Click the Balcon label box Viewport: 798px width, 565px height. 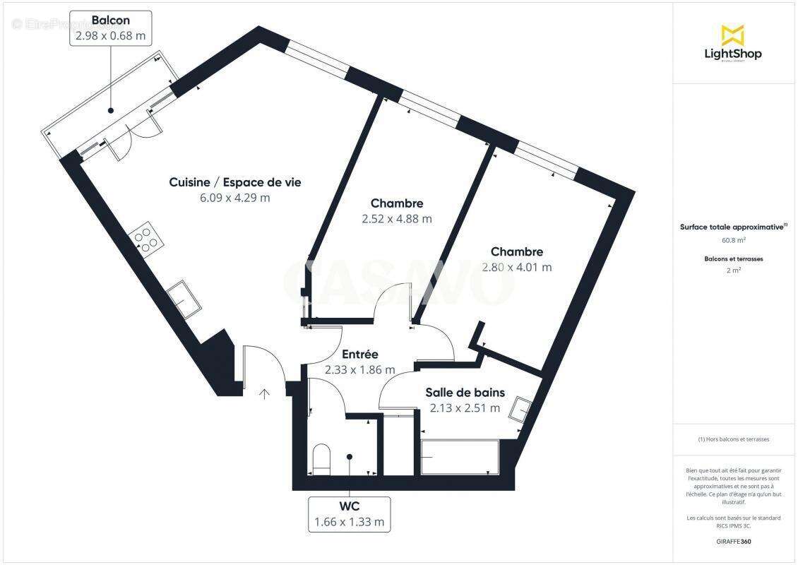111,28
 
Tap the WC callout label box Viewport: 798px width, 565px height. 349,514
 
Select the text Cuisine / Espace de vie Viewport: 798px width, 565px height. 235,182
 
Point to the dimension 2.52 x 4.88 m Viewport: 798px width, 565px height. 396,219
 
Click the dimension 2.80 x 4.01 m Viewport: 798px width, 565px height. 517,267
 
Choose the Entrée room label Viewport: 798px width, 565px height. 360,355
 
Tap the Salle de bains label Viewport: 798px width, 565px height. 465,393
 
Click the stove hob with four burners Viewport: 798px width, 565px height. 145,239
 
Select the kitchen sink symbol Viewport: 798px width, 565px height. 184,299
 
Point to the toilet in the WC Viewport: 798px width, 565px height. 321,458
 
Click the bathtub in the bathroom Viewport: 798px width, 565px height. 460,458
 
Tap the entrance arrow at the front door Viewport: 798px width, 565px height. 265,393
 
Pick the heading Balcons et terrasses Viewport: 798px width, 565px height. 733,259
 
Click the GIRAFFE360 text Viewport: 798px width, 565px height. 733,540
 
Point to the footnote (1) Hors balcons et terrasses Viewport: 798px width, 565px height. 733,439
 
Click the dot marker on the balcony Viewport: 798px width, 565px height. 111,111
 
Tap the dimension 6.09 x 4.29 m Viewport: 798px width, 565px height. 235,198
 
